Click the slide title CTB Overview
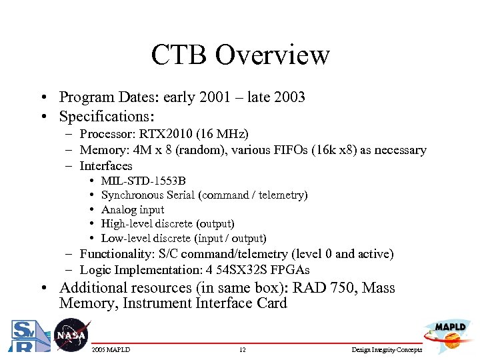click(240, 55)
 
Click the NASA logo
click(71, 335)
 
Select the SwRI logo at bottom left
click(26, 335)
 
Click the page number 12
click(243, 350)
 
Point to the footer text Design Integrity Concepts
click(387, 350)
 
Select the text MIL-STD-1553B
click(143, 181)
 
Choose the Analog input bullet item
click(133, 209)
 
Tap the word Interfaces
click(106, 165)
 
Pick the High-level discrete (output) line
click(167, 224)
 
